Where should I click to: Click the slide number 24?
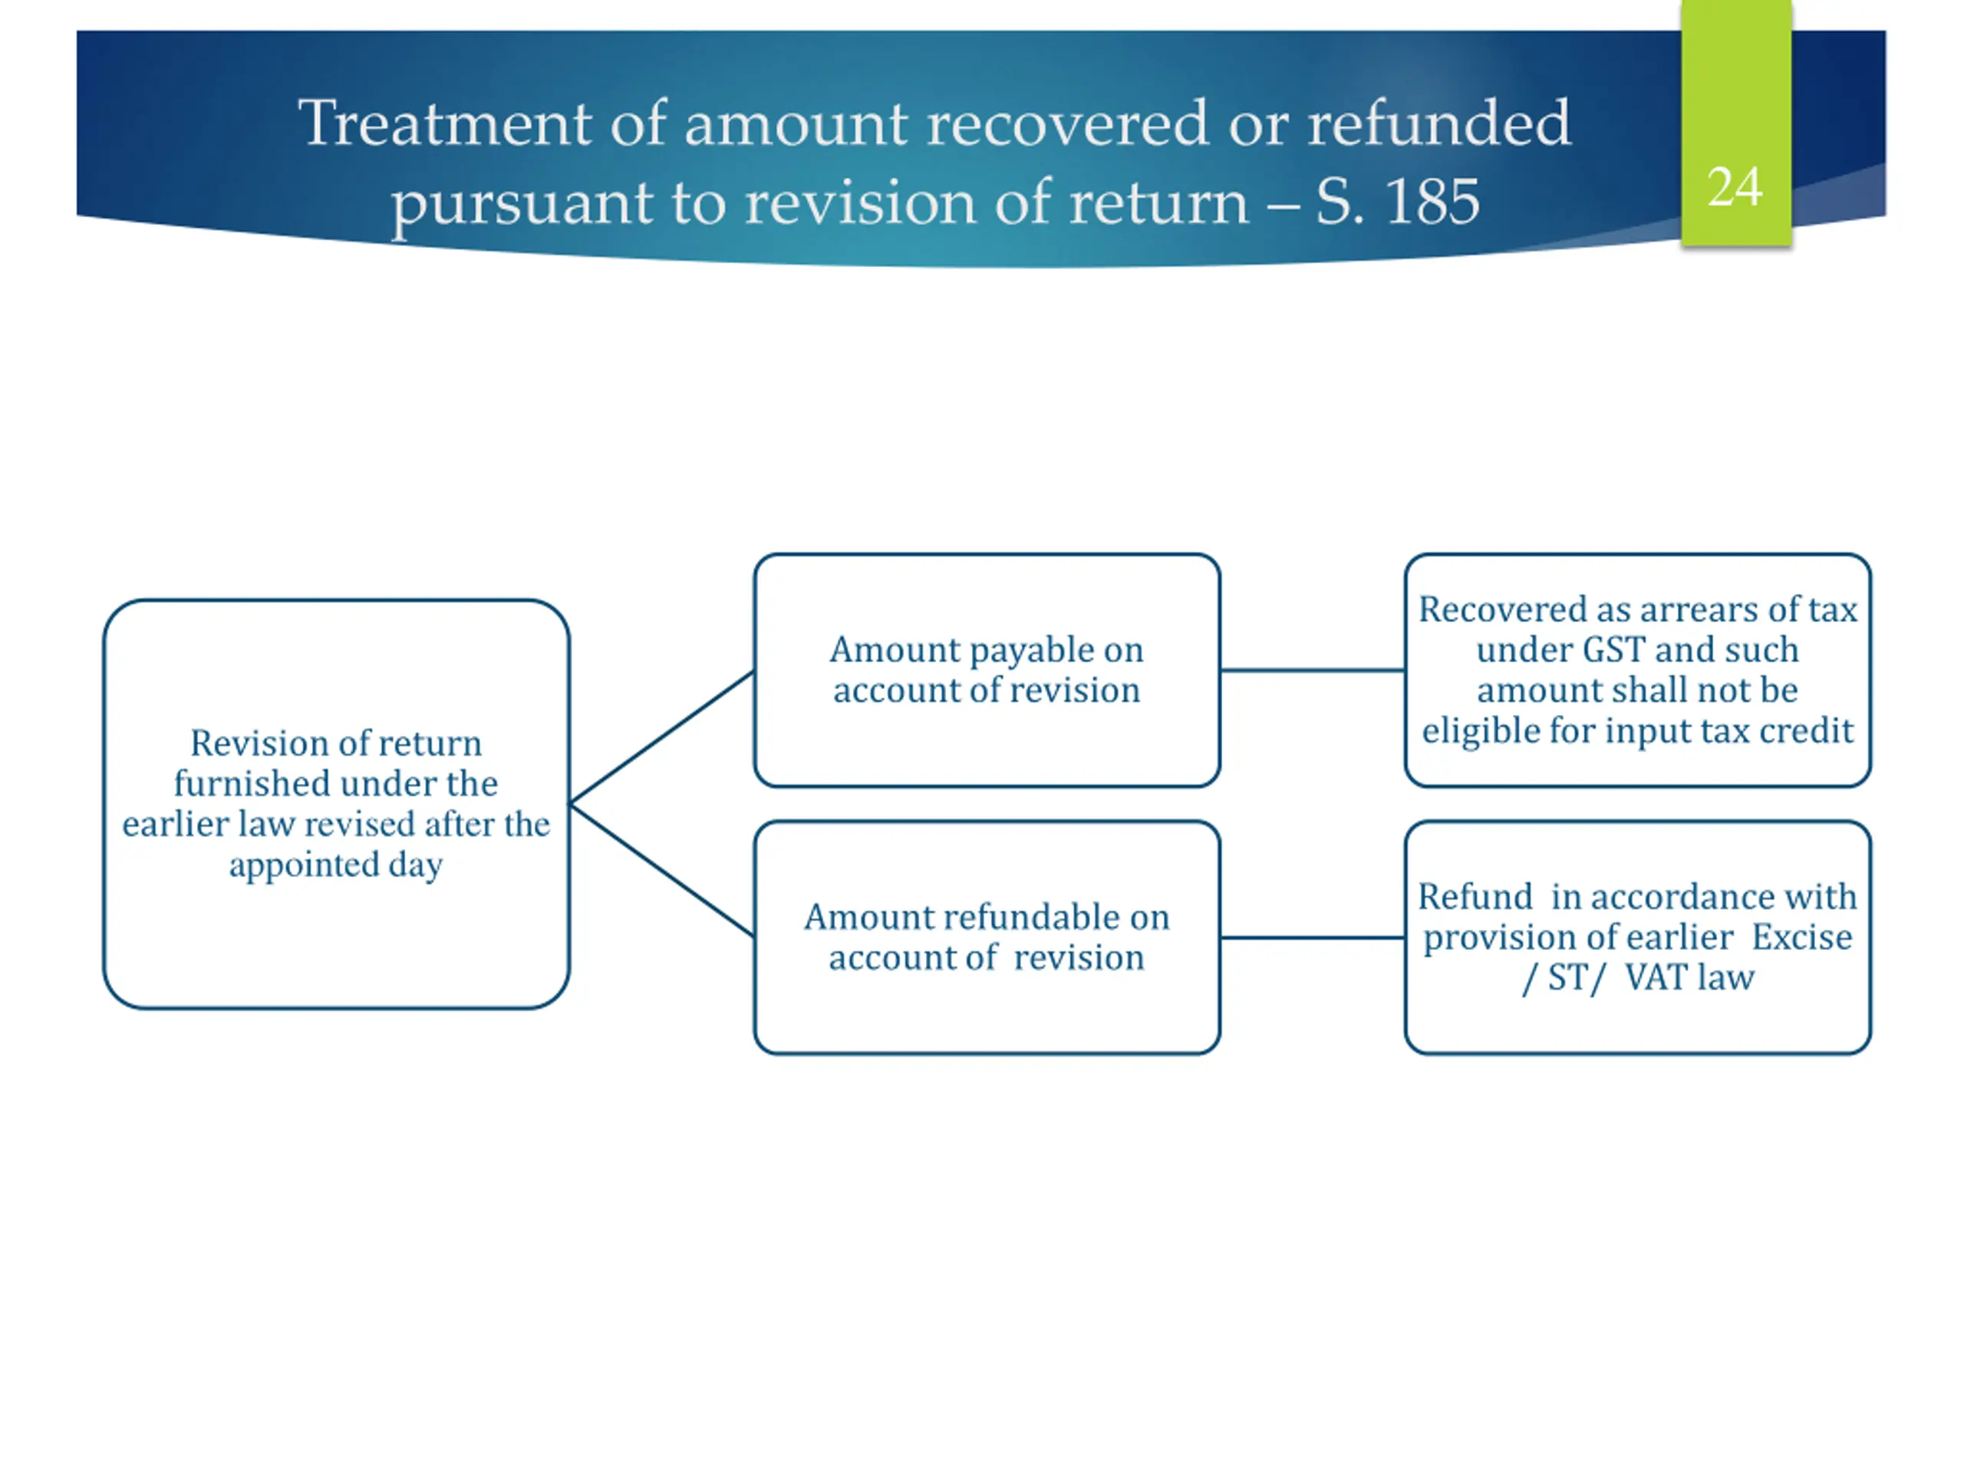point(1734,186)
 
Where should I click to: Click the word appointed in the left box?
point(304,864)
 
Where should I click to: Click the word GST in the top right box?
point(1614,650)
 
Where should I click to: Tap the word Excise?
point(1801,937)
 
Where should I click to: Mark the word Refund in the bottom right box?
point(1475,897)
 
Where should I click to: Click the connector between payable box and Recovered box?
point(1313,671)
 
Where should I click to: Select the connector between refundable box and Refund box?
point(1313,937)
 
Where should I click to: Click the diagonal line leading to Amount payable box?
point(661,738)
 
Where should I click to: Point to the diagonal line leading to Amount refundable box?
point(661,870)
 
